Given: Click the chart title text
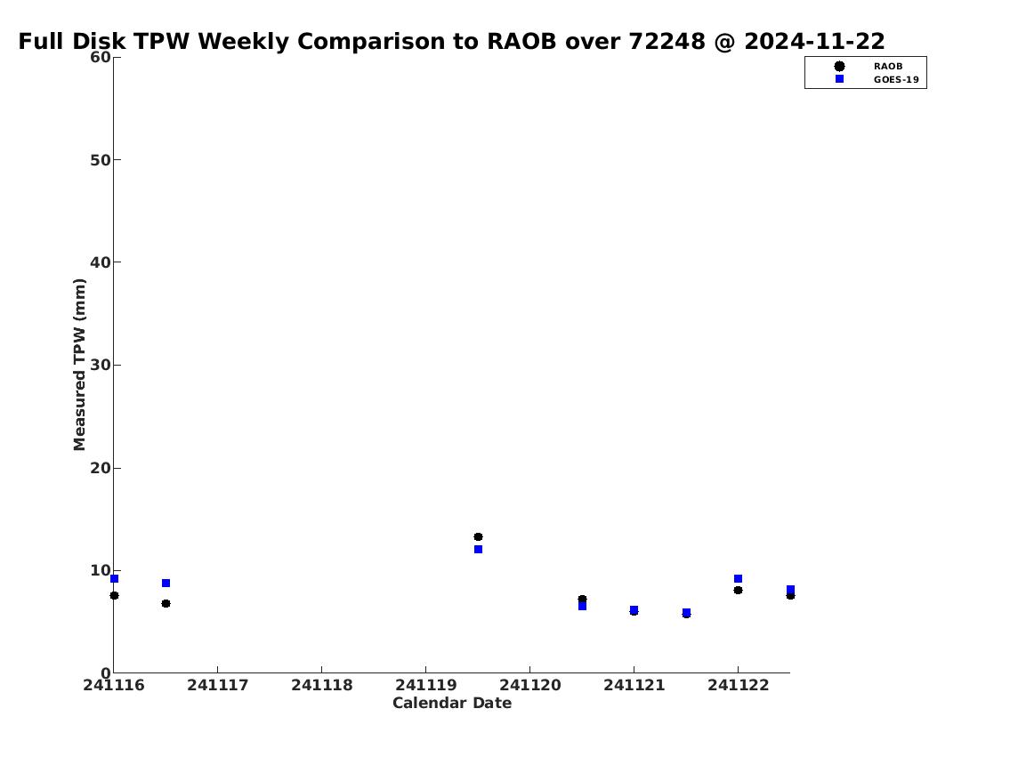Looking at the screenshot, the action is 451,41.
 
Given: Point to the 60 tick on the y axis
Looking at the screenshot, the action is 101,57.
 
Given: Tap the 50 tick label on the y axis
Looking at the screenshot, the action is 101,159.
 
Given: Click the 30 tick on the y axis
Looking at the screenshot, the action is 101,365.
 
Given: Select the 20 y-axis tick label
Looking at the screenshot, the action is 101,468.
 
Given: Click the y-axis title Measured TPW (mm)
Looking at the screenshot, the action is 79,365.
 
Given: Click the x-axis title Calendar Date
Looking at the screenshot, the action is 452,703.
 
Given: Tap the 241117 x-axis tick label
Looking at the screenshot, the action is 218,685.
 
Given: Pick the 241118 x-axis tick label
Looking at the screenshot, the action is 322,685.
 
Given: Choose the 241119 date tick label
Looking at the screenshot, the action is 425,685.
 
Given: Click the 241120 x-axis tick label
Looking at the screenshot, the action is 530,685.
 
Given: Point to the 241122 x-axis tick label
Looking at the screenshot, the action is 739,685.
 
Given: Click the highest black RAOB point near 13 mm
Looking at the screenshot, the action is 478,537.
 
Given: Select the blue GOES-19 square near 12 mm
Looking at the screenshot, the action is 478,549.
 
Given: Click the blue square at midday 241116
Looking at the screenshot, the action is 166,584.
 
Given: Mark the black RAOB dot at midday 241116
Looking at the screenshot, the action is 166,603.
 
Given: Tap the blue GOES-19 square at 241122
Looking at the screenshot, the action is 739,579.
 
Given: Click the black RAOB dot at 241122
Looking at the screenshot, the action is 739,590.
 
